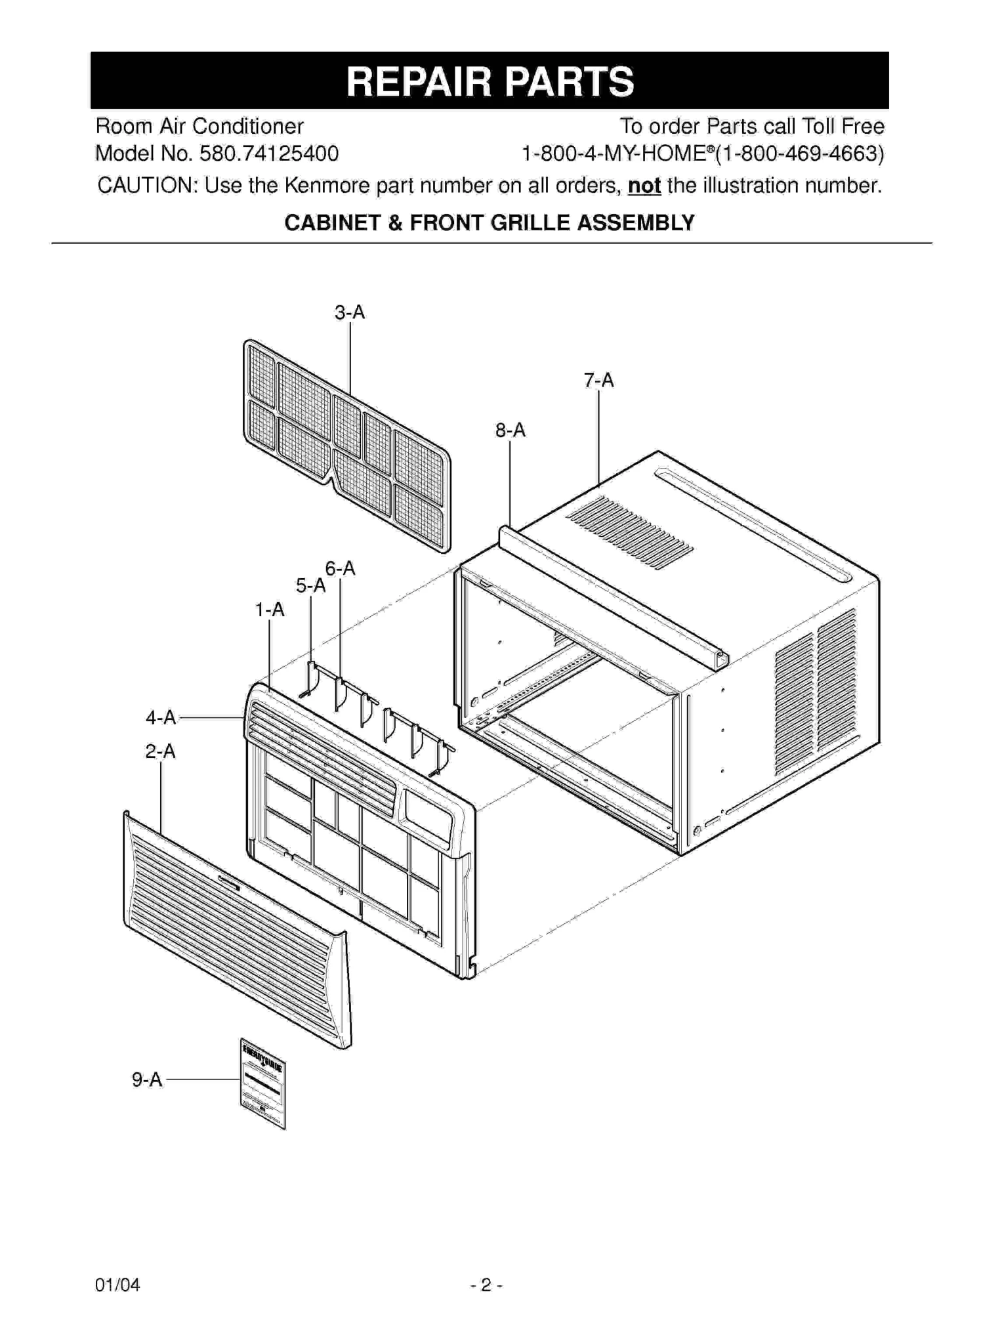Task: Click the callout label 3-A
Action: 349,312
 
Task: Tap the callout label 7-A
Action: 598,381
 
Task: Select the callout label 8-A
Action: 510,430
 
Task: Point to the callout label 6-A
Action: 340,568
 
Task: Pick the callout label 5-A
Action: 310,585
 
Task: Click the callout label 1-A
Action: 270,610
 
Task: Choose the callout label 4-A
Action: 161,717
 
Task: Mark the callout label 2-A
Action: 160,751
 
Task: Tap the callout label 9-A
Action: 147,1080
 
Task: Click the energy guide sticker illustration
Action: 262,1083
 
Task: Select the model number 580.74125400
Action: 269,154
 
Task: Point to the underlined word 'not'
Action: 644,186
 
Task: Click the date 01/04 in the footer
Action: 117,1285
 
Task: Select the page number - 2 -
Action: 486,1285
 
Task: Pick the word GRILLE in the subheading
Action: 530,223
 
